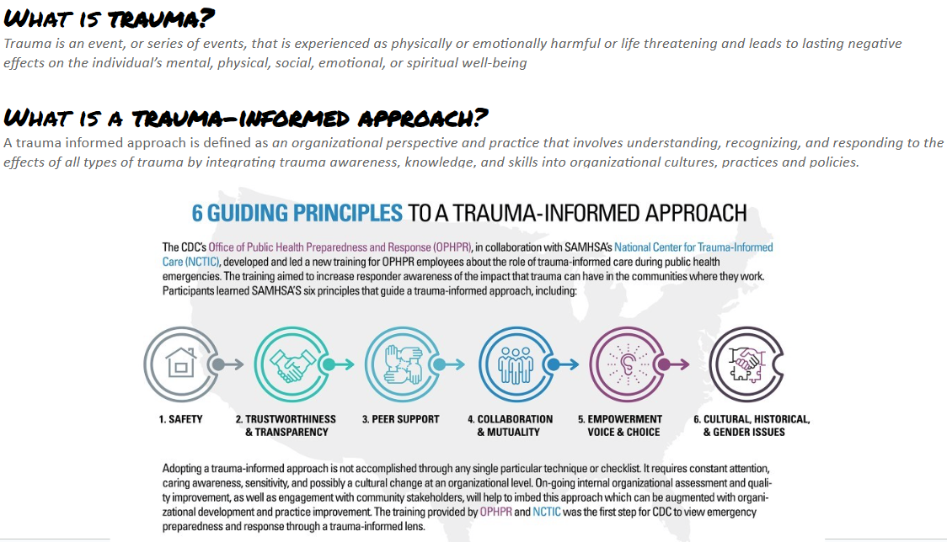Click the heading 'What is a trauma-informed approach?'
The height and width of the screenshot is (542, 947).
246,116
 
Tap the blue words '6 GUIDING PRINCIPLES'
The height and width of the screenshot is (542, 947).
297,213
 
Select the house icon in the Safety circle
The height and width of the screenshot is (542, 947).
179,364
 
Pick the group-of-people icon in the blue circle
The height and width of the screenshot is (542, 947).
511,364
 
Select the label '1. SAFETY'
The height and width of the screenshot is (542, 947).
180,419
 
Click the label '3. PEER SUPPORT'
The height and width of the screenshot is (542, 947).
400,419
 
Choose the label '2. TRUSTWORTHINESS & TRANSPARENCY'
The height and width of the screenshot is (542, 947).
286,425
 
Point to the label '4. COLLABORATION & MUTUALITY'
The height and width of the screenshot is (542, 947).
511,425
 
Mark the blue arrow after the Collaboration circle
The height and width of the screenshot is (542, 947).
561,364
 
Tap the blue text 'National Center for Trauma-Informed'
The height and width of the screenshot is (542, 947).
693,247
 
